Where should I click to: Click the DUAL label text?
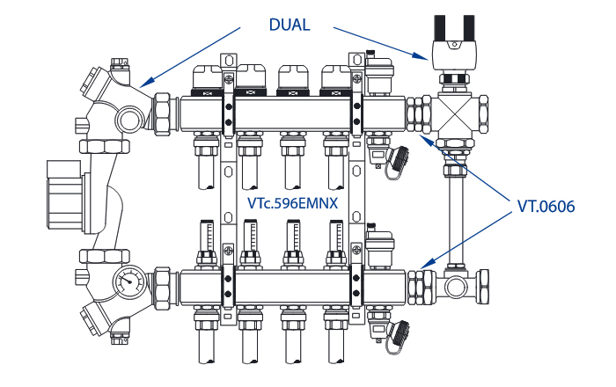coord(290,25)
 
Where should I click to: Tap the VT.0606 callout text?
coord(546,208)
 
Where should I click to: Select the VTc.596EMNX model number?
coord(293,204)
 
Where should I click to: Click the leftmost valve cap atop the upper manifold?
coord(208,81)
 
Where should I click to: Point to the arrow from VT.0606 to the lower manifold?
coord(466,237)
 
